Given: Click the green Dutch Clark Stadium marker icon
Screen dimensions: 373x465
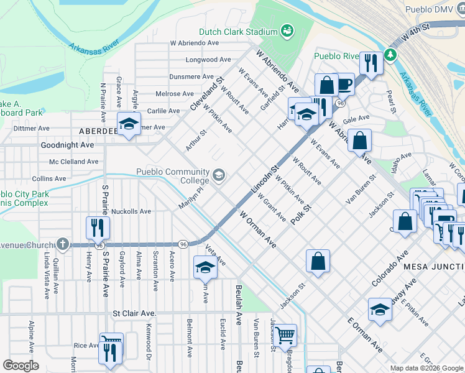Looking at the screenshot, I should point(287,30).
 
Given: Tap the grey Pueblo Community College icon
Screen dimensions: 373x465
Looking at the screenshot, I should point(218,176).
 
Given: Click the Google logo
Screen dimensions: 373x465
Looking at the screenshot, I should point(21,366).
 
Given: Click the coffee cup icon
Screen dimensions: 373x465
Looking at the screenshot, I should point(344,83).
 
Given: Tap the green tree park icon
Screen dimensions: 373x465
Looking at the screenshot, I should point(390,55).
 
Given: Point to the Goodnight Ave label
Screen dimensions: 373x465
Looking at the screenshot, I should point(67,145).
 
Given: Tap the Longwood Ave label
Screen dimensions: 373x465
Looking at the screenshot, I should point(208,60).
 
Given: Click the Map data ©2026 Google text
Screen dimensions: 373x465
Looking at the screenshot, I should point(426,368).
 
